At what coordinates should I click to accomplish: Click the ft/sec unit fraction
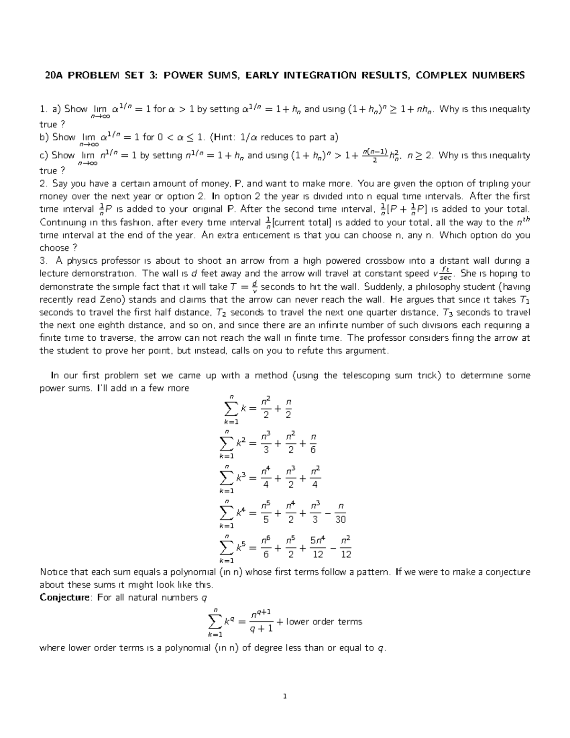coord(445,274)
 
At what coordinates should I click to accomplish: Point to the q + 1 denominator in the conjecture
coord(261,629)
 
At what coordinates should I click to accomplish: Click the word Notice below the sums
coord(54,572)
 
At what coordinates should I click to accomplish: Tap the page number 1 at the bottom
coord(285,697)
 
